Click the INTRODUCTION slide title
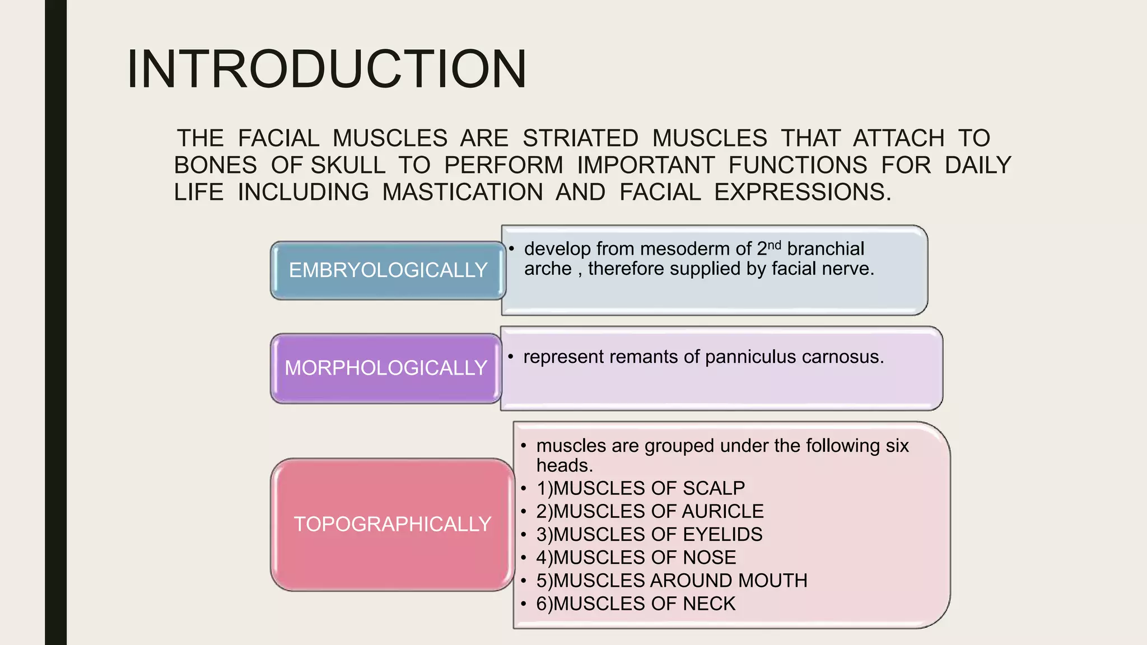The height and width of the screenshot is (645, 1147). [327, 69]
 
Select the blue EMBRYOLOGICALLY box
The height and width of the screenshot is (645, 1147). [388, 270]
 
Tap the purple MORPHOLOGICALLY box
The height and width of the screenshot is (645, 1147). [385, 368]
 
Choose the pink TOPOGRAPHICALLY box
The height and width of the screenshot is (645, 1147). [392, 524]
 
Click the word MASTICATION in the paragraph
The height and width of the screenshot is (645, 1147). [462, 192]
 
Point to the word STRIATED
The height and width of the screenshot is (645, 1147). [580, 138]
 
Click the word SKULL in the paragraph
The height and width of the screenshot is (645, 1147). [348, 165]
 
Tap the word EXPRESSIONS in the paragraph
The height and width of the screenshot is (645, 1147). [802, 192]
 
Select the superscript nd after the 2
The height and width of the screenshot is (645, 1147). [774, 245]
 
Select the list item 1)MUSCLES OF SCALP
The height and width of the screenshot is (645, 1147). [640, 488]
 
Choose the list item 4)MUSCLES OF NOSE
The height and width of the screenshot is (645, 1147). [636, 558]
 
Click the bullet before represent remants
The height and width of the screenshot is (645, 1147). [511, 357]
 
